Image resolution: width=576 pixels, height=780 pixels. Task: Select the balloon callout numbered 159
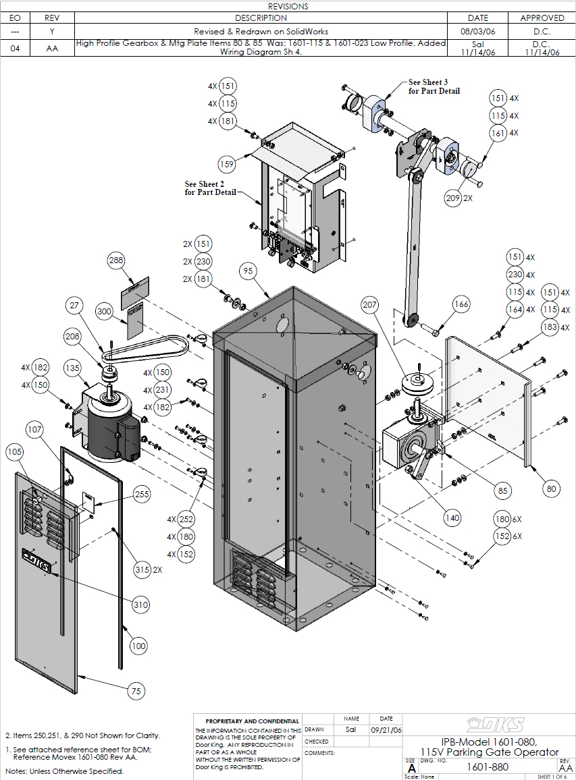point(228,163)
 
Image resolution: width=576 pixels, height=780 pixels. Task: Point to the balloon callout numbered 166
point(461,305)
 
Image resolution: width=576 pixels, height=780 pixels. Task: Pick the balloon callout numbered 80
point(551,488)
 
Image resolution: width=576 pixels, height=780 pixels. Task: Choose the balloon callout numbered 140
point(452,518)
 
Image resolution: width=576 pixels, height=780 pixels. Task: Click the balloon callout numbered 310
point(140,605)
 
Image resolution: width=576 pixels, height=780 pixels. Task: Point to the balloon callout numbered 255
point(141,494)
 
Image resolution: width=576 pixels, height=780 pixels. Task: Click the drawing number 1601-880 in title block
point(488,767)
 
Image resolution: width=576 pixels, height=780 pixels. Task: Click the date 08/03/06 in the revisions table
point(477,32)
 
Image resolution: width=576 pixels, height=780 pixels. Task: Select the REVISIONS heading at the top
point(288,6)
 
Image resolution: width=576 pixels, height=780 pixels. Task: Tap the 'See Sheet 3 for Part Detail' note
point(434,86)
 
